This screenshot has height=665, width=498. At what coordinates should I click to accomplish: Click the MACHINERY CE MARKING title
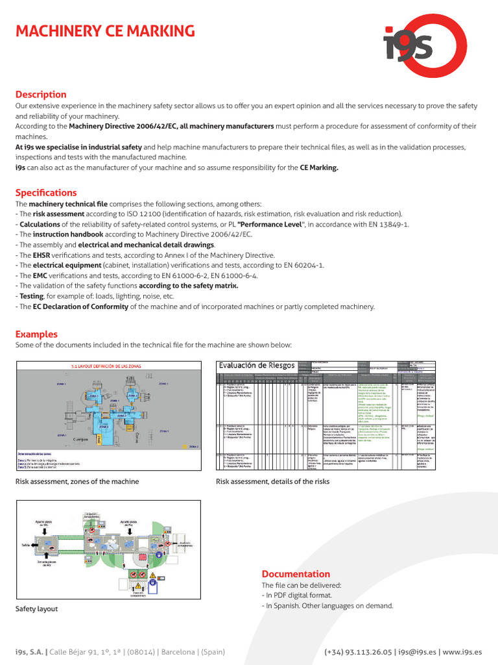pyautogui.click(x=104, y=31)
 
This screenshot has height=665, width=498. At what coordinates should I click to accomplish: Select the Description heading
pyautogui.click(x=41, y=94)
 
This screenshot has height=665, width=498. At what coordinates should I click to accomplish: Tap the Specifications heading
pyautogui.click(x=46, y=193)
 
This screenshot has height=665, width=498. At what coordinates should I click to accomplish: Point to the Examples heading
pyautogui.click(x=36, y=334)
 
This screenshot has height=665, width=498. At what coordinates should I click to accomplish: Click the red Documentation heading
pyautogui.click(x=296, y=573)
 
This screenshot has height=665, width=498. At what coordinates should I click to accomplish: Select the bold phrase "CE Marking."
pyautogui.click(x=319, y=167)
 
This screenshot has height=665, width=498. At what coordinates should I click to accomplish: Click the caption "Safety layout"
pyautogui.click(x=36, y=609)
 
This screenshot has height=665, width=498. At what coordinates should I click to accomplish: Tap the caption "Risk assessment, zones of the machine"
pyautogui.click(x=77, y=481)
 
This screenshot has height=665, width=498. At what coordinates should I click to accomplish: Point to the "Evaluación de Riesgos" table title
pyautogui.click(x=257, y=366)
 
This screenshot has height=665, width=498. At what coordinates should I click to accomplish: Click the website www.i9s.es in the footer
pyautogui.click(x=462, y=652)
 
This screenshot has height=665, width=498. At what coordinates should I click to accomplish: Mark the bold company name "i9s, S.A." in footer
pyautogui.click(x=30, y=652)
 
